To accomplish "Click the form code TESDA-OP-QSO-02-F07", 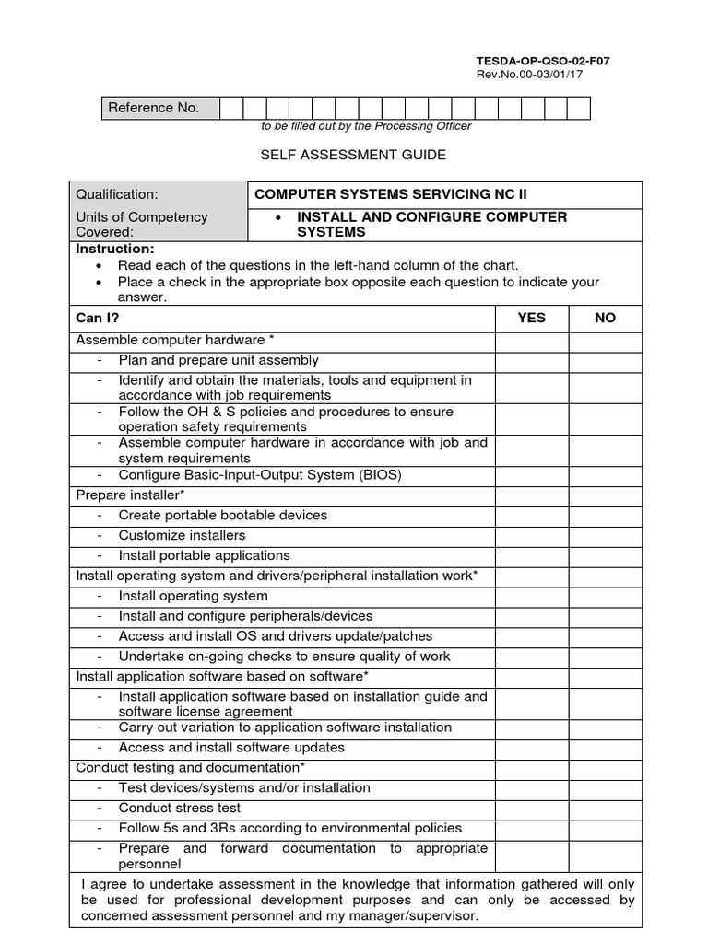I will coord(542,61).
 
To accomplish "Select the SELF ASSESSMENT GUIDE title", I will coord(353,155).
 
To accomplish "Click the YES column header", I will coord(531,318).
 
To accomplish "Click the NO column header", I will coord(605,318).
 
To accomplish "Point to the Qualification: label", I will coord(117,194).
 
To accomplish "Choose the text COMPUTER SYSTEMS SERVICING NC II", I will coord(391,194).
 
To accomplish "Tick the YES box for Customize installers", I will coord(531,535).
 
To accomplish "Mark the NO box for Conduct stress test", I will coord(605,808).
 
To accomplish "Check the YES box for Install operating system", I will coord(531,596).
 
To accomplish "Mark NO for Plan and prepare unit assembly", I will coord(605,360).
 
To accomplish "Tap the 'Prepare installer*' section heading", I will coord(131,495).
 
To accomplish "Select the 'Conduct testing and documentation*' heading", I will coord(191,767).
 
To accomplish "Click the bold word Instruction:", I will coord(115,250).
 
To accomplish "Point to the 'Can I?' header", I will coord(98,318).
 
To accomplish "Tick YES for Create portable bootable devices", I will coord(531,515).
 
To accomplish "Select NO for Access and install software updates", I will coord(605,747).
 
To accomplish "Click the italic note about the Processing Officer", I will coord(353,126).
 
